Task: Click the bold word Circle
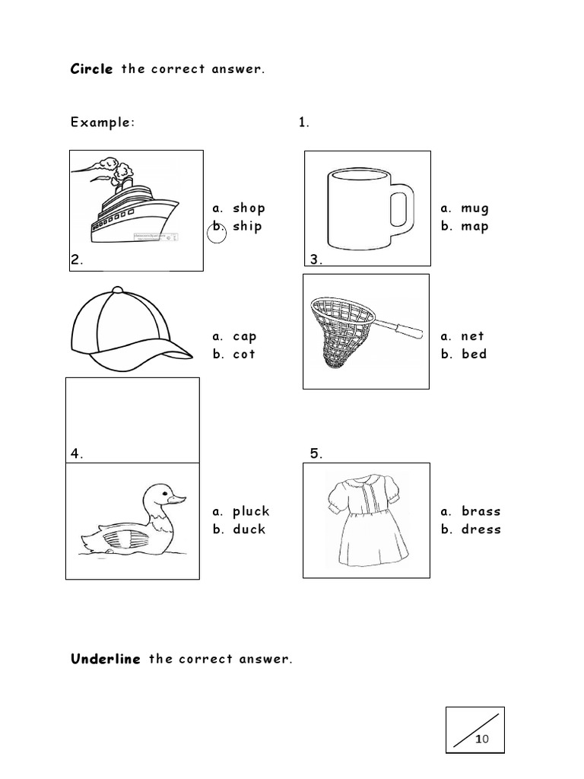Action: (92, 69)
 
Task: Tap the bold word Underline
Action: (106, 659)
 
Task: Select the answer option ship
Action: (247, 226)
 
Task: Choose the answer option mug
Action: (474, 208)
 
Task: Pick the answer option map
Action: (474, 226)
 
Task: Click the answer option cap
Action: (245, 336)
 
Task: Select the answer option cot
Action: (244, 354)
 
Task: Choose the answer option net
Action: (472, 335)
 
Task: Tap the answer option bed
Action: (474, 354)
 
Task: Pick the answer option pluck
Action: (251, 511)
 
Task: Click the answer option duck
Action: (249, 529)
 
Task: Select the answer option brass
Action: (481, 511)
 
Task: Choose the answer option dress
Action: (481, 529)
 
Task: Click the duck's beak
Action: (177, 500)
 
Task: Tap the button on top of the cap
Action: (116, 290)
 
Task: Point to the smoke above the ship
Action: (112, 167)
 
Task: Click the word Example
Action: (102, 122)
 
